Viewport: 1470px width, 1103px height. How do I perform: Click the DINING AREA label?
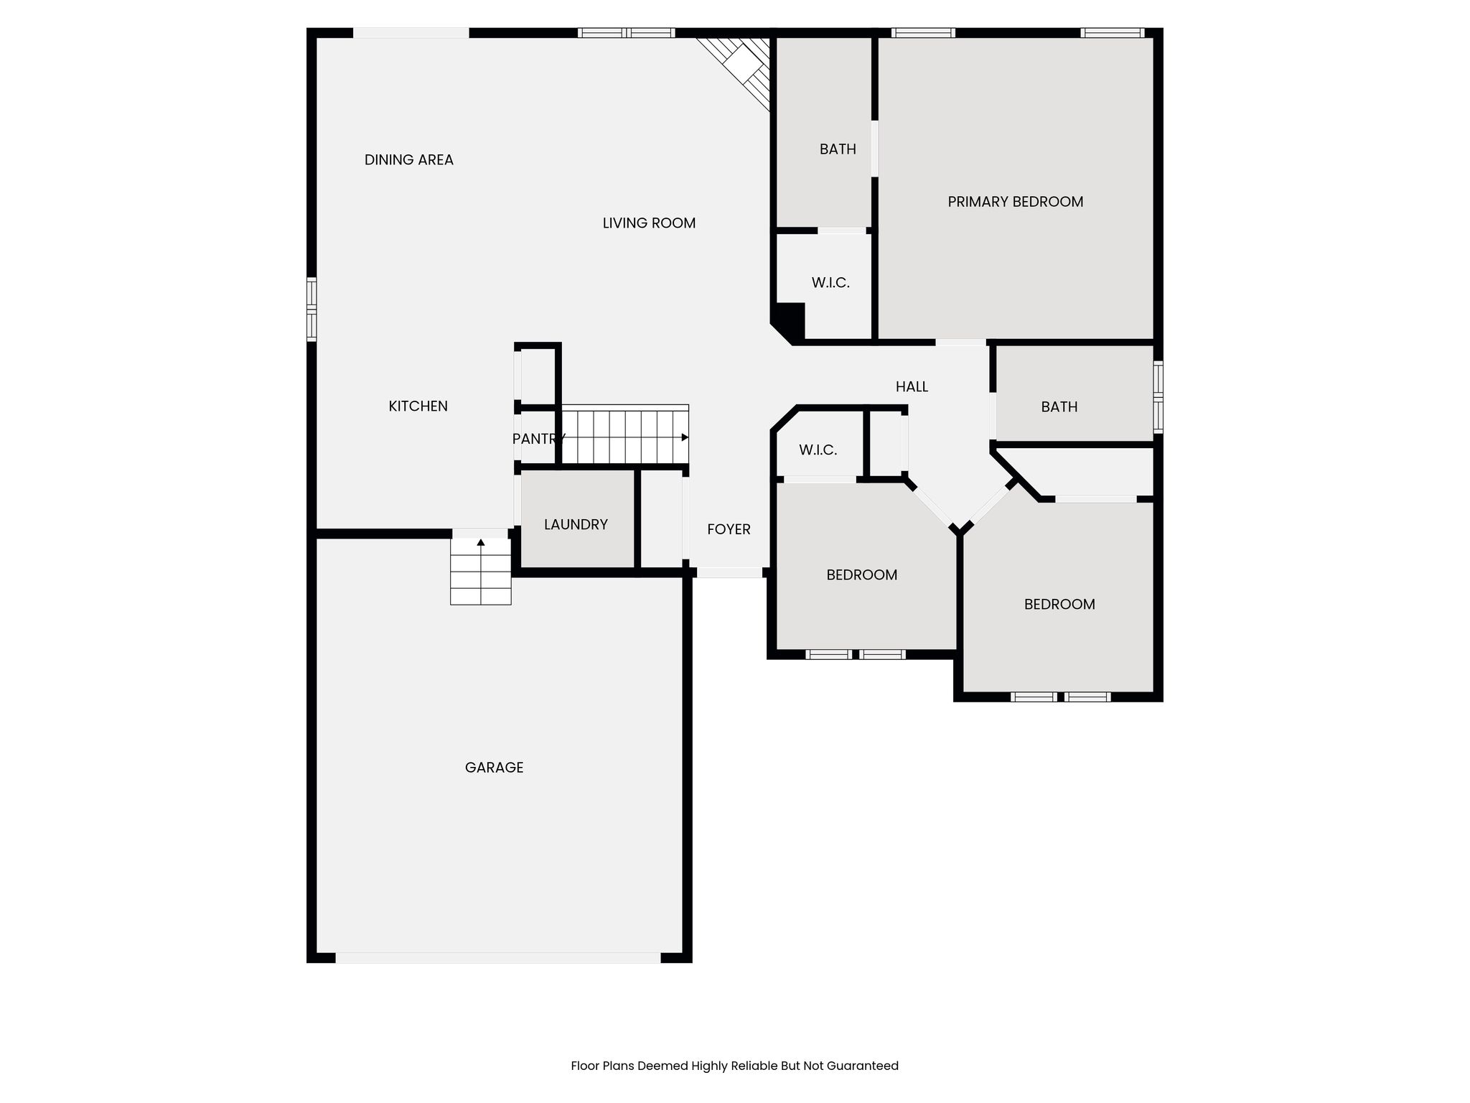click(x=409, y=160)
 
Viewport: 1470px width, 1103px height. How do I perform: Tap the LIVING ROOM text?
click(x=649, y=223)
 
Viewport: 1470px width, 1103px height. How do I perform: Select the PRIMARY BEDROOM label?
click(x=1016, y=202)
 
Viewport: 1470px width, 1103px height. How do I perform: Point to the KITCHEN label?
click(x=418, y=406)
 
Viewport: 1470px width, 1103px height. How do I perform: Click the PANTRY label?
click(x=539, y=439)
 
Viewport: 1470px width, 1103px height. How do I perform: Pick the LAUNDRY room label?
click(x=576, y=525)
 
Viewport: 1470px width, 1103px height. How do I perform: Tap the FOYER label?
click(x=729, y=529)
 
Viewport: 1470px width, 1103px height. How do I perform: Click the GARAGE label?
click(x=494, y=768)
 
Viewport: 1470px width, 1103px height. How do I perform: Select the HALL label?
click(x=912, y=387)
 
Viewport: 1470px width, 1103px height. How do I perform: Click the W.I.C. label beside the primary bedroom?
click(x=830, y=283)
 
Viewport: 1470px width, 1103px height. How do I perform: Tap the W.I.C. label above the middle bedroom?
click(x=818, y=450)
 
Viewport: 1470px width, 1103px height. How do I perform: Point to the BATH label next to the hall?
click(x=1059, y=407)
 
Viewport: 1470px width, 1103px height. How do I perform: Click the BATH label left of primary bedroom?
click(x=838, y=149)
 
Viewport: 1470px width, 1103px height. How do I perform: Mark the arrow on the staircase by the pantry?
click(x=685, y=437)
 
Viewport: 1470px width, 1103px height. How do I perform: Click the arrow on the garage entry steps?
click(x=481, y=542)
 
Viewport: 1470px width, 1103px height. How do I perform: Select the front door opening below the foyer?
click(x=729, y=572)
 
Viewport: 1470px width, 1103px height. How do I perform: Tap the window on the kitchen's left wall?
click(x=312, y=309)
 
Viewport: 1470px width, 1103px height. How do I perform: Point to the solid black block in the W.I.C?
click(x=790, y=320)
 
